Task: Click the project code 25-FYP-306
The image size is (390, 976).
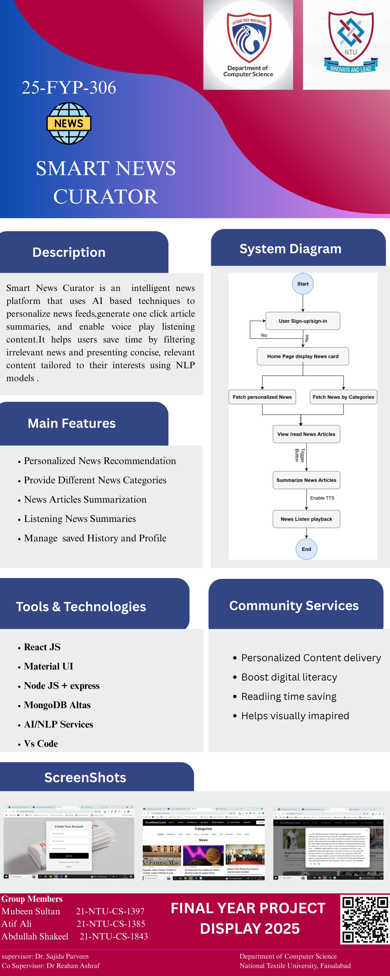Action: point(69,88)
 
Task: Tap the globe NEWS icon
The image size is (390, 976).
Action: point(69,123)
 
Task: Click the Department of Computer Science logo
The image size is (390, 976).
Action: point(248,45)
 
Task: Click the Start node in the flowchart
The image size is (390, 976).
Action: point(303,284)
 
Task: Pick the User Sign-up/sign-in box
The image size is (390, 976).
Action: point(303,321)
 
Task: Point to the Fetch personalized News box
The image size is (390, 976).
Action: point(262,397)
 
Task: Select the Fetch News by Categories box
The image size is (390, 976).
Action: point(343,397)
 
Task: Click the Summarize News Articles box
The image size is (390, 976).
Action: point(306,480)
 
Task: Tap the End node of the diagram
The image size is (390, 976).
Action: point(306,549)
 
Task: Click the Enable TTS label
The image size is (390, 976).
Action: point(322,498)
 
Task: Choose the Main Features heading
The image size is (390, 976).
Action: point(72,423)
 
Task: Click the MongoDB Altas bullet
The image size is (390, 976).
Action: point(57,705)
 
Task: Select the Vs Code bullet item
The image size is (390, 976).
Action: point(41,744)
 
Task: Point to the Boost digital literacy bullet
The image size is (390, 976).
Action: point(289,677)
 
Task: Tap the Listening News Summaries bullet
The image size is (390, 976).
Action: point(80,519)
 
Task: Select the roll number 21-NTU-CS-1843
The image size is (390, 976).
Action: point(114,936)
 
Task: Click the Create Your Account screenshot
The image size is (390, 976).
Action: point(69,842)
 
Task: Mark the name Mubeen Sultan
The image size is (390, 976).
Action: point(31,911)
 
